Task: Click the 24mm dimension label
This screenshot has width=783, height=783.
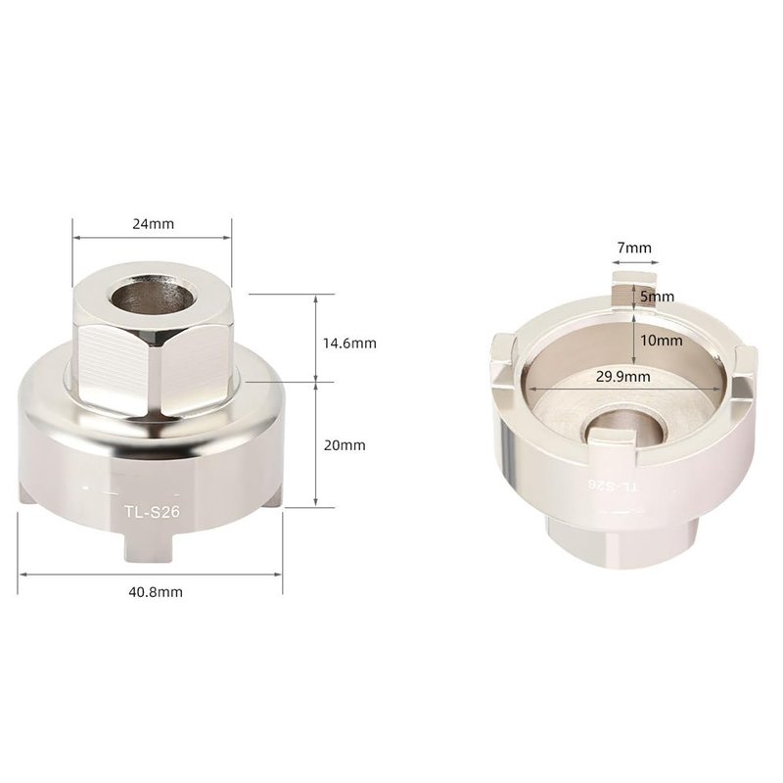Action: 154,224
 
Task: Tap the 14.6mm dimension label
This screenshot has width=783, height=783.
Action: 349,344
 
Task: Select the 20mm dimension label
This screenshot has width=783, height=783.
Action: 345,445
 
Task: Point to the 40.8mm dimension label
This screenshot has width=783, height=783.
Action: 156,592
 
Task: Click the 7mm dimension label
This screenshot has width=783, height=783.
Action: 634,248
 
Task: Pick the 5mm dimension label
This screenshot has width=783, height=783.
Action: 657,297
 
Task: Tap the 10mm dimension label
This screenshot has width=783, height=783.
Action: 662,341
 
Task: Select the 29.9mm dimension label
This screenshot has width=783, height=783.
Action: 623,377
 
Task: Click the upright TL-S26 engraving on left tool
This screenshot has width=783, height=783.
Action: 152,512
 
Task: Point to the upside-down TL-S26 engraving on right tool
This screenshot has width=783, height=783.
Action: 614,485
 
